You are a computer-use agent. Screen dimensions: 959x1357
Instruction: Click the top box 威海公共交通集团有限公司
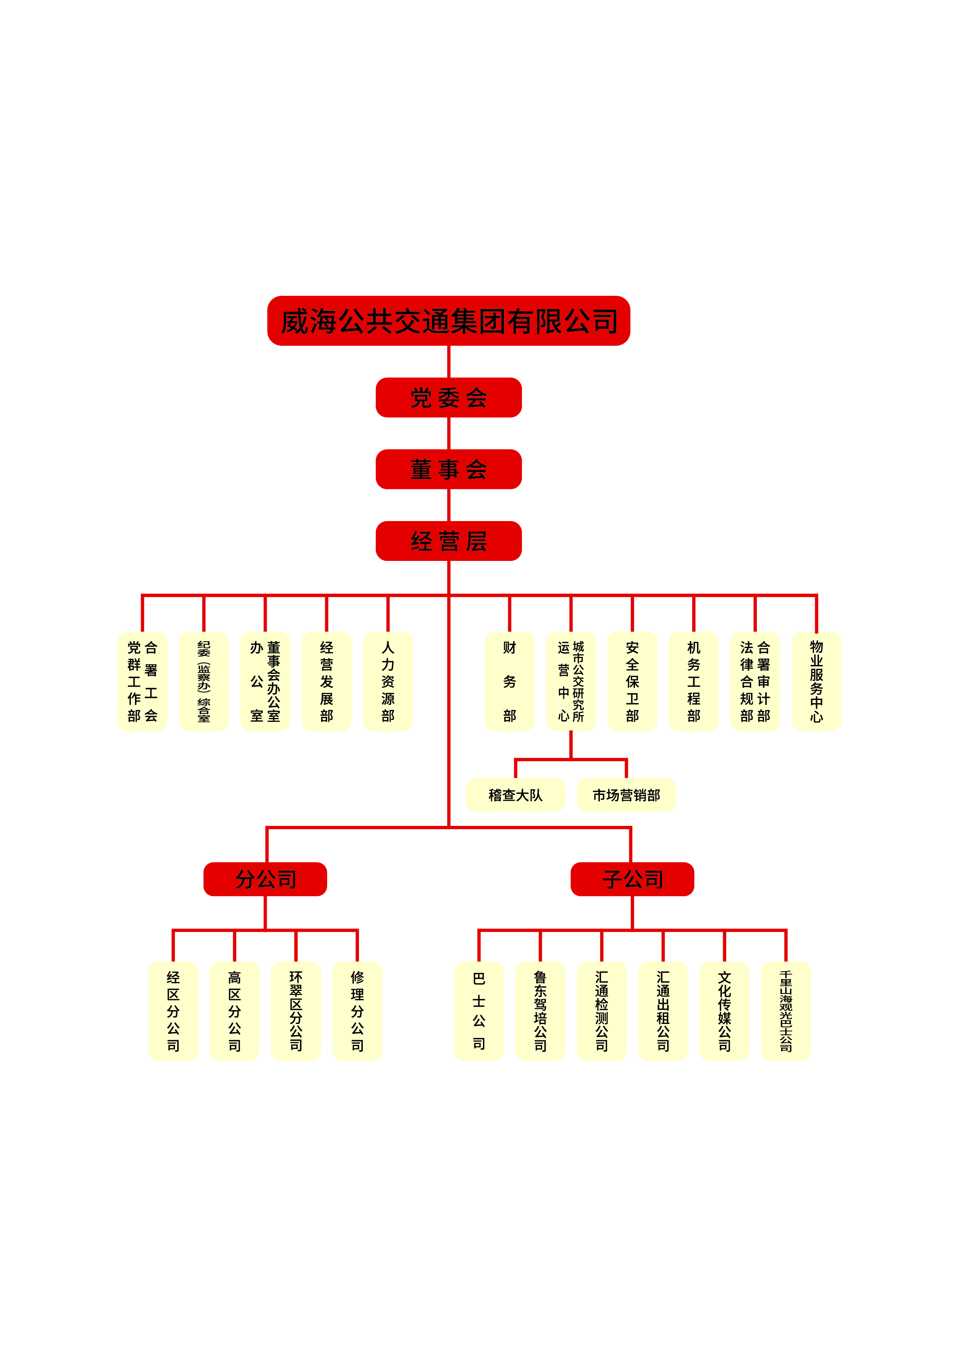click(x=449, y=321)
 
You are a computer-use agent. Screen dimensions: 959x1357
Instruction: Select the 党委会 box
click(x=449, y=397)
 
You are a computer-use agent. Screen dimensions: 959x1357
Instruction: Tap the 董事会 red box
click(x=449, y=469)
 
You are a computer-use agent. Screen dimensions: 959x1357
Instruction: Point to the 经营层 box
click(x=449, y=541)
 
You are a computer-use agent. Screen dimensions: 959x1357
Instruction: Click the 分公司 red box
click(x=265, y=879)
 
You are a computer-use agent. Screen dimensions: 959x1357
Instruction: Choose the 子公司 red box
click(x=632, y=879)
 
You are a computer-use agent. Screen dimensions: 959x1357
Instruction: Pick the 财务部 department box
click(x=509, y=682)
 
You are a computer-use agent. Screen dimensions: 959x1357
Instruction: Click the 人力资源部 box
click(x=387, y=682)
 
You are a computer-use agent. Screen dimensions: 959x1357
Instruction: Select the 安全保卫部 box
click(x=632, y=682)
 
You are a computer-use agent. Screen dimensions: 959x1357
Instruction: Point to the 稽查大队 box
click(x=515, y=795)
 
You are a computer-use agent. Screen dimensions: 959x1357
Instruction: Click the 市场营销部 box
click(x=626, y=795)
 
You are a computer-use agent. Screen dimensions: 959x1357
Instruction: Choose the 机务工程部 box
click(x=694, y=682)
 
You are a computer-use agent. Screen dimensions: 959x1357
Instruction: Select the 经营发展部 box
click(x=326, y=682)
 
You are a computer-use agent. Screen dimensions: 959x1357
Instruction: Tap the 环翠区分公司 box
click(x=296, y=1011)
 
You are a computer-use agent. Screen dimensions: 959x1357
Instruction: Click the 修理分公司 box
click(x=357, y=1011)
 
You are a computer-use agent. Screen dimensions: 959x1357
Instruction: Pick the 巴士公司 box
click(x=479, y=1011)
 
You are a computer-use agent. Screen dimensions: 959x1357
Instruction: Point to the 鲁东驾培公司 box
click(x=540, y=1011)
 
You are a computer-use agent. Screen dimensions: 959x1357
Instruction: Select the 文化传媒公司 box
click(x=724, y=1011)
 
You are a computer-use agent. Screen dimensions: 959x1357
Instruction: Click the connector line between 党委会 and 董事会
click(x=449, y=433)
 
